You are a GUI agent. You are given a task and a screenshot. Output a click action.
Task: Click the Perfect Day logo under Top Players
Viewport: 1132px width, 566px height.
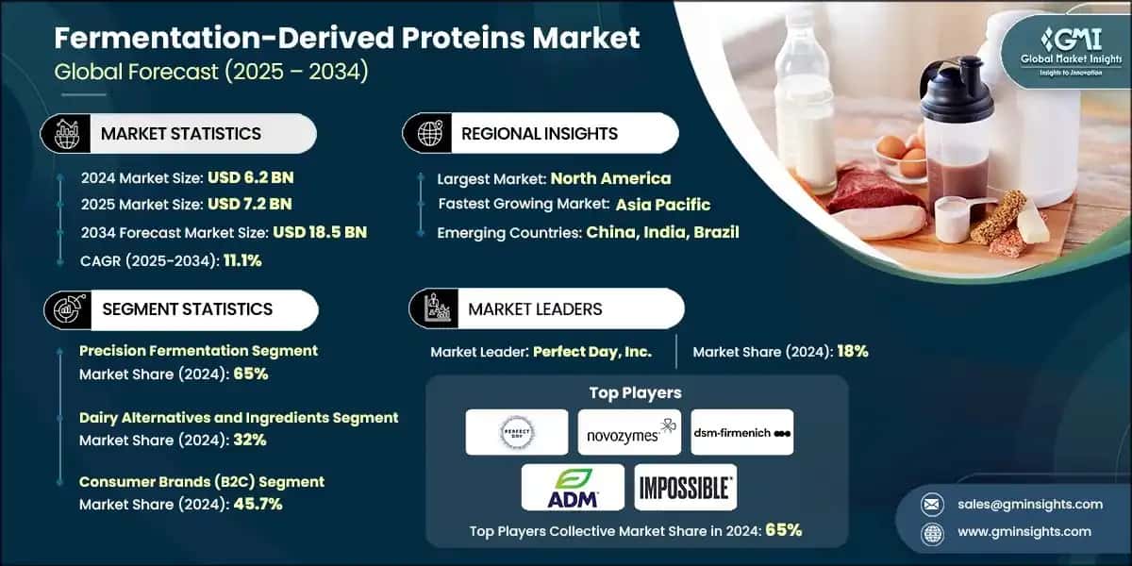click(x=517, y=432)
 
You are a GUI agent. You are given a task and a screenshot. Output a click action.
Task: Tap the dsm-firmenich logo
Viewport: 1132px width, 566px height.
click(x=741, y=432)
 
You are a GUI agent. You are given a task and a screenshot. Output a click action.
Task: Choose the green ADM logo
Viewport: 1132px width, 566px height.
click(x=573, y=488)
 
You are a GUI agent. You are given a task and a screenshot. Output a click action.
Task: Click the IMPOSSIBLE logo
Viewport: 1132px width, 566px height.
click(x=685, y=488)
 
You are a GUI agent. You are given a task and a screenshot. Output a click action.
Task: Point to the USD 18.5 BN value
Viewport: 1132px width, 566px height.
click(x=319, y=232)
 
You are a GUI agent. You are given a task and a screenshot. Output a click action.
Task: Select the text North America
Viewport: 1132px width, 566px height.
click(x=610, y=178)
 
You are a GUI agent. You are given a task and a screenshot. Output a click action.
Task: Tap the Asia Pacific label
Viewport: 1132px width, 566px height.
click(x=662, y=205)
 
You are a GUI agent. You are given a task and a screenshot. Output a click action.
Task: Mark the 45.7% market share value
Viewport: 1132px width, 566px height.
click(x=256, y=504)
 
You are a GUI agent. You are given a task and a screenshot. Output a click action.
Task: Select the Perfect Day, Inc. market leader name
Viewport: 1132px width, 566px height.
click(x=591, y=351)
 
